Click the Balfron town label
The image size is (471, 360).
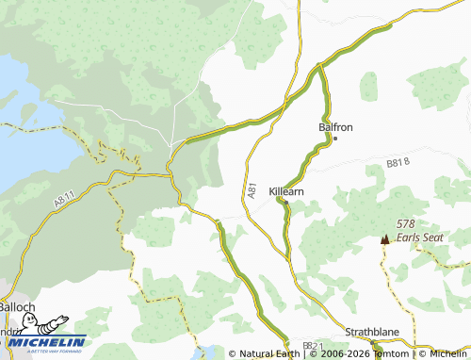pos(335,126)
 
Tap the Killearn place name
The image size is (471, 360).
pos(286,189)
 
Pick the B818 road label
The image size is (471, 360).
pos(399,163)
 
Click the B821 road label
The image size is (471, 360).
pos(313,347)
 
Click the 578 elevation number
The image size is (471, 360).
pos(406,223)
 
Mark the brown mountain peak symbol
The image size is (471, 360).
pos(384,239)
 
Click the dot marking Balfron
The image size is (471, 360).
pos(335,139)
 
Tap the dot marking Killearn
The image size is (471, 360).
pos(286,201)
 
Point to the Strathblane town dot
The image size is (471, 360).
pos(376,345)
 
